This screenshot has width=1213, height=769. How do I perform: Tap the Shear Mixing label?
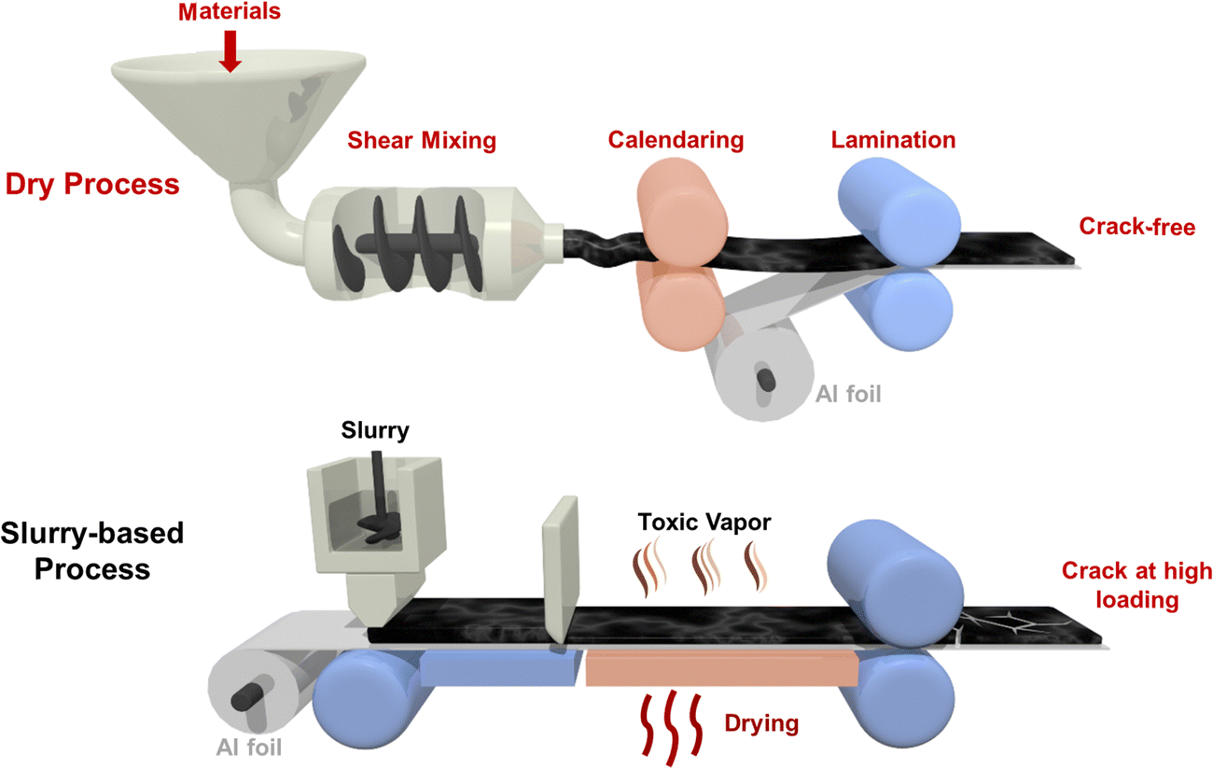pos(422,142)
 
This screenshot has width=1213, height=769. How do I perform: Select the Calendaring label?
pos(676,140)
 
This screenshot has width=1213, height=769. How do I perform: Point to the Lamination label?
pos(893,140)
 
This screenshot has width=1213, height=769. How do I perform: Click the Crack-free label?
pos(1136,227)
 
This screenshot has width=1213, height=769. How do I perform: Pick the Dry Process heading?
pos(92,184)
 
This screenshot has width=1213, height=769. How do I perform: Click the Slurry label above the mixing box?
pos(374,431)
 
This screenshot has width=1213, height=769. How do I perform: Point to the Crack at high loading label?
pos(1137,585)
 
